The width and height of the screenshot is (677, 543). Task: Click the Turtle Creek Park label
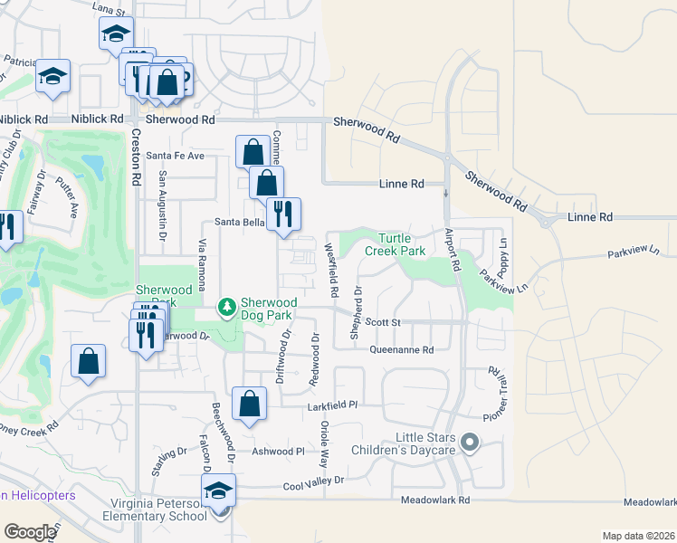(395, 243)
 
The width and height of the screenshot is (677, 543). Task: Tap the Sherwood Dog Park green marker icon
(227, 309)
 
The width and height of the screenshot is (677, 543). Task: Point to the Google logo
(29, 531)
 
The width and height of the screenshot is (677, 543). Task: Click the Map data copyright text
(637, 536)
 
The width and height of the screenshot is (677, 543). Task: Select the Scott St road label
(382, 322)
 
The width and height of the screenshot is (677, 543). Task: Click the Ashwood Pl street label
(278, 451)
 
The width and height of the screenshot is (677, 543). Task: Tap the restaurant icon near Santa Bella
(284, 214)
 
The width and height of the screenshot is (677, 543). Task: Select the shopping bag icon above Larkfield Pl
(249, 404)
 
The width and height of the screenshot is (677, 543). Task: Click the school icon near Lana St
(115, 33)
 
